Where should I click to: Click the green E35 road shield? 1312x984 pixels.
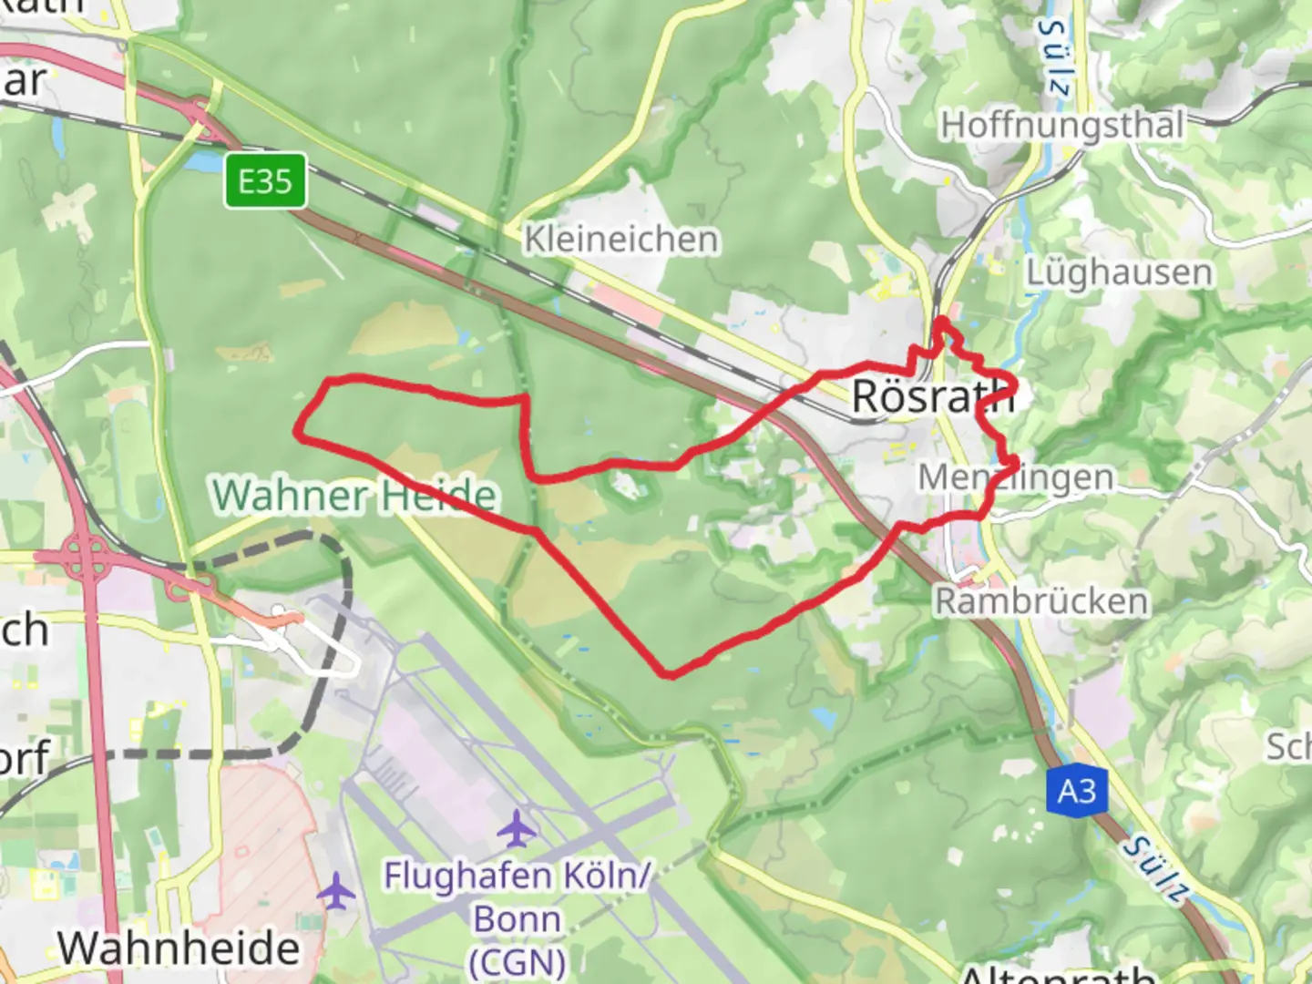[265, 181]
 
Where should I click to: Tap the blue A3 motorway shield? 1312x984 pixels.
[1076, 791]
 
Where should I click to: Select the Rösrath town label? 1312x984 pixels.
[932, 396]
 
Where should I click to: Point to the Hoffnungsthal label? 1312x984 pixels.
[1062, 125]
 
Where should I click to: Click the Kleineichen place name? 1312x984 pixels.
[621, 240]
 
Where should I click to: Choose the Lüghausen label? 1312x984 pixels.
[1119, 272]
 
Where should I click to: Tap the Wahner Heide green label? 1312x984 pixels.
[354, 496]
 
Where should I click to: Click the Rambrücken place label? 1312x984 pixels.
[1041, 601]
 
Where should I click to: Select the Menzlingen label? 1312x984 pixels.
[1015, 477]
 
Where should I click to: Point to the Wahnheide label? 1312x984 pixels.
[179, 948]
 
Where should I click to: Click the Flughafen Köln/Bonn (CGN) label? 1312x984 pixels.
[518, 918]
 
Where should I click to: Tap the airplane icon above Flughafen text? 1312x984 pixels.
[518, 828]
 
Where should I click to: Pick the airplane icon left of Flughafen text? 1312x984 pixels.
[336, 891]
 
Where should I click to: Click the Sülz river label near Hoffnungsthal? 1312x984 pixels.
[1055, 56]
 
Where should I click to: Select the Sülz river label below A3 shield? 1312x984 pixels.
[1156, 869]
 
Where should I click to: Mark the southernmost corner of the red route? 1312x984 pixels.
[670, 675]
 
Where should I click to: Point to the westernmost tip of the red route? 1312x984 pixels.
[297, 432]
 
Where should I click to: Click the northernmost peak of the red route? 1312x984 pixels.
[939, 320]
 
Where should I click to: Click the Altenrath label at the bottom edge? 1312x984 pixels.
[1057, 975]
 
